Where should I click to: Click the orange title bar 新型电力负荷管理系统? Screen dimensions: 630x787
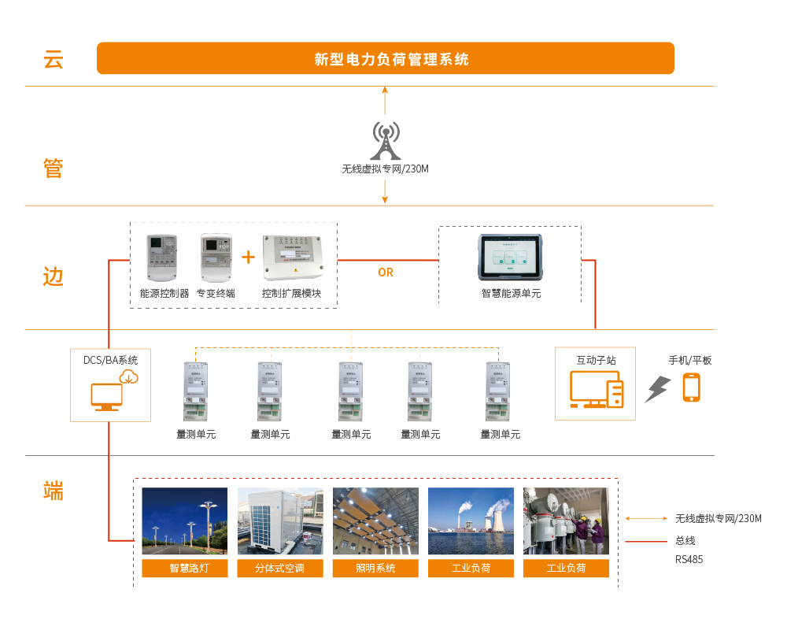click(x=386, y=58)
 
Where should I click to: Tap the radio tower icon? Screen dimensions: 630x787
click(x=386, y=140)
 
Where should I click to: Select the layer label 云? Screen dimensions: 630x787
click(x=53, y=59)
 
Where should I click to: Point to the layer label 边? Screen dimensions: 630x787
click(x=53, y=276)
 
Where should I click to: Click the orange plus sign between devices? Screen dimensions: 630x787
click(x=249, y=257)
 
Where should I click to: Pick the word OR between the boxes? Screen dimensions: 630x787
click(x=386, y=272)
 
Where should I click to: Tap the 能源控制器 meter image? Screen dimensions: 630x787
click(x=163, y=258)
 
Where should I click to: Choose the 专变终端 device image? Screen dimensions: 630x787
click(x=216, y=258)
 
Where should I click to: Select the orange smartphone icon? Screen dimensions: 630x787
click(x=691, y=387)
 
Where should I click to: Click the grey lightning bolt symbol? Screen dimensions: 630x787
click(x=657, y=389)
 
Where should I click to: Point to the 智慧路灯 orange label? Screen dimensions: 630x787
click(x=185, y=568)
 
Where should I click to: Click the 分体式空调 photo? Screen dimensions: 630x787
click(x=280, y=521)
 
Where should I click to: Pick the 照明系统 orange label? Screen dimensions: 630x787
click(x=375, y=568)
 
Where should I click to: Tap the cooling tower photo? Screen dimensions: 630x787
click(x=471, y=521)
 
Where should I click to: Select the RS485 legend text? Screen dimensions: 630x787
click(x=689, y=559)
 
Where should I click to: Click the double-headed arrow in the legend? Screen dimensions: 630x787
click(x=645, y=518)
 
